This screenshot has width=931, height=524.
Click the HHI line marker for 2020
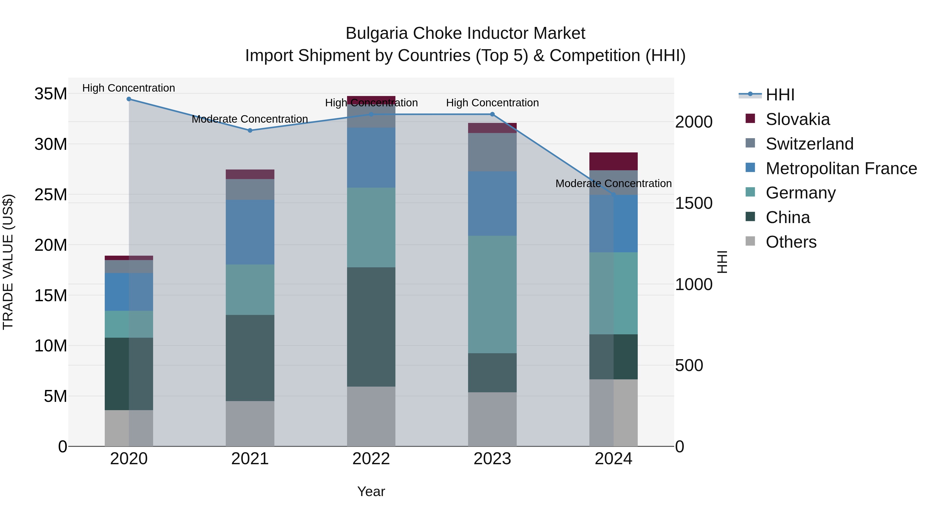tap(129, 99)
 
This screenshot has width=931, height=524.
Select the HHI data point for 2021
tap(250, 131)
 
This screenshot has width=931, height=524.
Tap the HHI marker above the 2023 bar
tap(492, 114)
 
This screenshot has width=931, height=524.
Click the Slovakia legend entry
tap(797, 119)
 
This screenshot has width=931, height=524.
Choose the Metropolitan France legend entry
tap(841, 168)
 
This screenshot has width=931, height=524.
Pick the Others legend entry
tap(791, 242)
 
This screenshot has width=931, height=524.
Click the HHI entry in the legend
tap(780, 95)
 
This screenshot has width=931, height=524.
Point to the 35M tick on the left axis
tap(51, 94)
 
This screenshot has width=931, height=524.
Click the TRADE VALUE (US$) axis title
tap(8, 262)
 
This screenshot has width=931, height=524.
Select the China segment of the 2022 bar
tap(371, 327)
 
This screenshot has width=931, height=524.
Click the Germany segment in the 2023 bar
tap(492, 294)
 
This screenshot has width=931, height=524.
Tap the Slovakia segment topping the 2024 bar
tap(613, 161)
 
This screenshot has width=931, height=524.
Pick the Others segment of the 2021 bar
tap(250, 423)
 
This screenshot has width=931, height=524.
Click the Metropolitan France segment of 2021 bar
tap(250, 232)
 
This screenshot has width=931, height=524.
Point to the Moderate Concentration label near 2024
tap(613, 184)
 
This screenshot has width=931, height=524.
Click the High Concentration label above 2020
tap(129, 88)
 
